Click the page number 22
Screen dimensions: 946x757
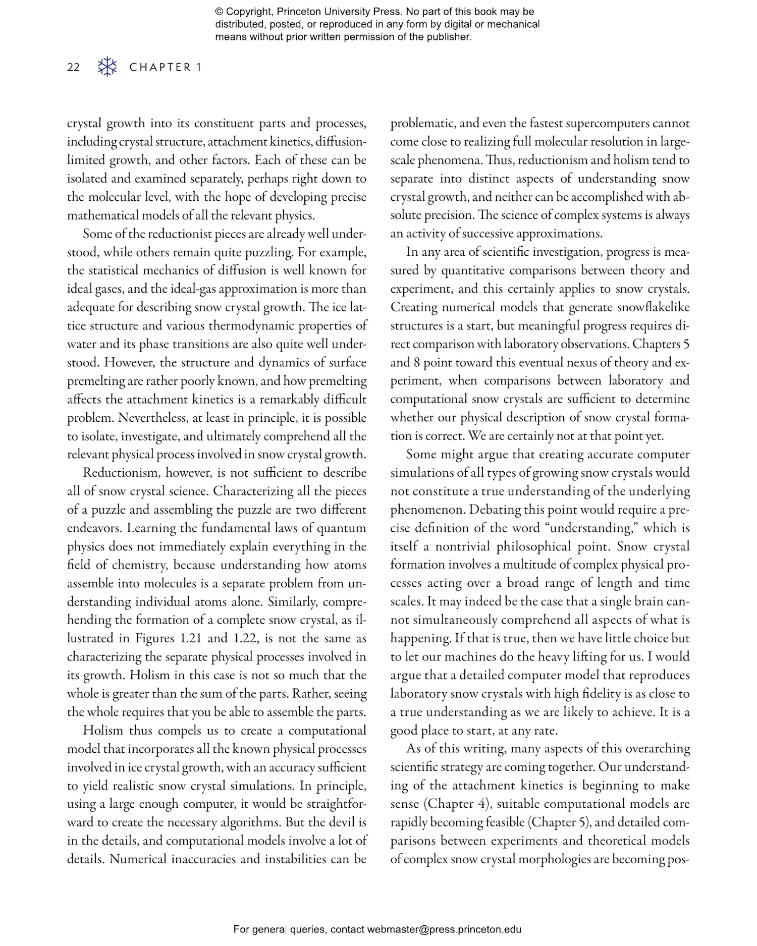click(73, 67)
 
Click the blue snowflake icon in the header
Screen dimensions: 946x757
click(107, 67)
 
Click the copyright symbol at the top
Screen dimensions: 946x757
click(219, 12)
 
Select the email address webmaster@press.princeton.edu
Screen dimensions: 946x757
click(444, 929)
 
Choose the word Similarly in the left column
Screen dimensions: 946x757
click(292, 601)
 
